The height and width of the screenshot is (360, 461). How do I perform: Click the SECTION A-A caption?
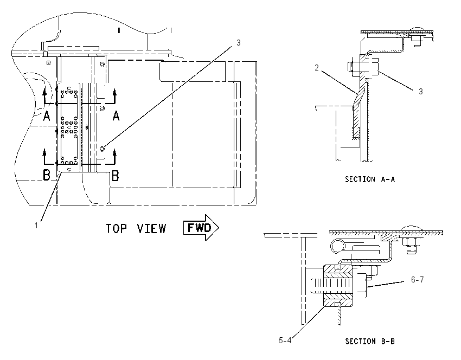[370, 179]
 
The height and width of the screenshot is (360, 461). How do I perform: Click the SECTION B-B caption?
[370, 341]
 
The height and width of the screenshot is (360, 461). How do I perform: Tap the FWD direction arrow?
[201, 228]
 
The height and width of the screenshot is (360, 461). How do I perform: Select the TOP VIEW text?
[136, 229]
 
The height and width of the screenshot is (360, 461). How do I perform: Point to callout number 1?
[36, 226]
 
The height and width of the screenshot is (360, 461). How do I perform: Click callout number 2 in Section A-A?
[317, 68]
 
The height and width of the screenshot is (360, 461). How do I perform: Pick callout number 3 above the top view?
[239, 43]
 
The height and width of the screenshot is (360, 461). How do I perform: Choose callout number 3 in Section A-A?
[421, 92]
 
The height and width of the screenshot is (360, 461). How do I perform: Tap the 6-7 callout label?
[418, 279]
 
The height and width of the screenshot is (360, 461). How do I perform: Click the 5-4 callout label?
[285, 340]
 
